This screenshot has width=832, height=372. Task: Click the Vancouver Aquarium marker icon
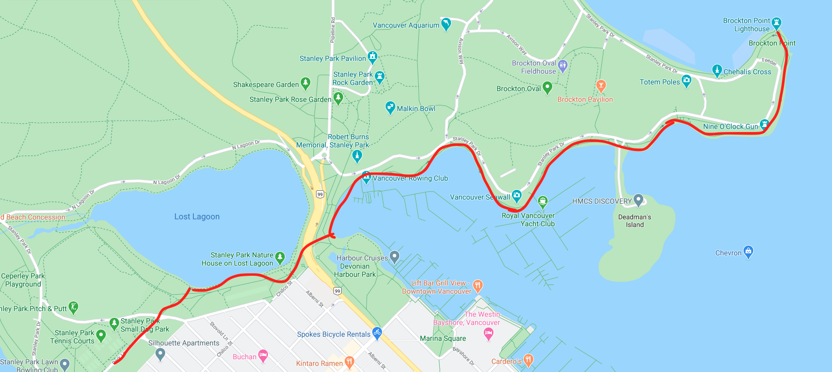click(x=446, y=24)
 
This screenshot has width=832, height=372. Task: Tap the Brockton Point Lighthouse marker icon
click(x=776, y=22)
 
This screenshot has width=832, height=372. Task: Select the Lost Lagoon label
click(x=197, y=216)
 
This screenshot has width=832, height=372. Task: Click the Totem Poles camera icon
click(x=686, y=80)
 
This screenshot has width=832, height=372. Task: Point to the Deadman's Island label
click(x=635, y=221)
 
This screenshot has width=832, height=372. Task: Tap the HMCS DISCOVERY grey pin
click(x=638, y=200)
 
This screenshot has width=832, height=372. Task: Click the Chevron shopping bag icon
click(x=748, y=251)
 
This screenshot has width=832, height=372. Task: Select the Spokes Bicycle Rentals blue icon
click(x=377, y=333)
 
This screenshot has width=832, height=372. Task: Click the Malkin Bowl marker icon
click(x=390, y=107)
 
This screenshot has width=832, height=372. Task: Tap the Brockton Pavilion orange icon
click(x=601, y=85)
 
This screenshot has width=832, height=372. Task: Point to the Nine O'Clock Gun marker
click(x=764, y=124)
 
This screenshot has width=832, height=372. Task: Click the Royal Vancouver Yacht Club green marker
click(x=543, y=202)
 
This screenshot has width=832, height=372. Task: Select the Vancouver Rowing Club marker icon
click(x=366, y=177)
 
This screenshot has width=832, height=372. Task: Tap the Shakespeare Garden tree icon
click(x=305, y=82)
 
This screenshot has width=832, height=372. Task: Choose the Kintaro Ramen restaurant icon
click(x=349, y=362)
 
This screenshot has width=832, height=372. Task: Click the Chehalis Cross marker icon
click(x=717, y=70)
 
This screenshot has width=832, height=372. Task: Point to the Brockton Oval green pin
click(x=547, y=87)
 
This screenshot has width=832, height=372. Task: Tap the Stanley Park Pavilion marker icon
click(x=372, y=57)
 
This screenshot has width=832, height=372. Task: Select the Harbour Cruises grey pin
click(x=394, y=256)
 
